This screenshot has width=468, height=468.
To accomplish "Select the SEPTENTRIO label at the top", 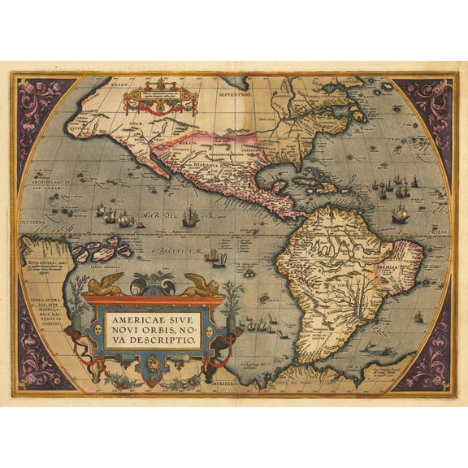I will (236, 94).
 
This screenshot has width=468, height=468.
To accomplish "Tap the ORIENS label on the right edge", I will (440, 230).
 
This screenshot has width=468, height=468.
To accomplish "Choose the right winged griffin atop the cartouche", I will (201, 284).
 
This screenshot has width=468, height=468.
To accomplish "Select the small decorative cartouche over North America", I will (160, 97).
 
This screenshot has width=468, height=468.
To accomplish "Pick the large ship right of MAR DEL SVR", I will (191, 217).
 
